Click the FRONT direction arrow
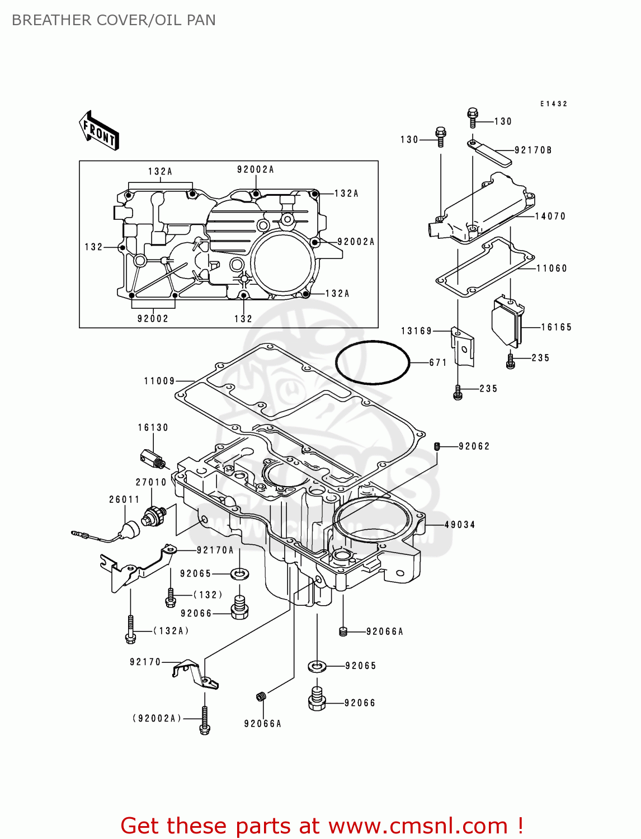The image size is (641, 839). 99,131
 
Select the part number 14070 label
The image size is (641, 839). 550,216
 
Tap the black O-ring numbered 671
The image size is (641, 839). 373,362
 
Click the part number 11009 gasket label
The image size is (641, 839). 159,381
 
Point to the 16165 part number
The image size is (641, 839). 556,327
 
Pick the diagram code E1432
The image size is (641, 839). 553,104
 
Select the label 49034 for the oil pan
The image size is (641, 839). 460,525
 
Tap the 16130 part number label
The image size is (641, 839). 153,428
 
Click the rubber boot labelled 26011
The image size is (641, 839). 131,529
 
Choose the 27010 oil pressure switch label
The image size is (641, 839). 151,482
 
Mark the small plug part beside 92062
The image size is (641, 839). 437,446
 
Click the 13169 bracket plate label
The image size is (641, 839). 417,331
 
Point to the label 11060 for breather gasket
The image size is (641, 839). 552,268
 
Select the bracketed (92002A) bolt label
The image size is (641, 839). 157,718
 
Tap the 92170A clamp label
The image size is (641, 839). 215,550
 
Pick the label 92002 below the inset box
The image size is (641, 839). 153,319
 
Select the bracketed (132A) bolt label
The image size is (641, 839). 171,631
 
